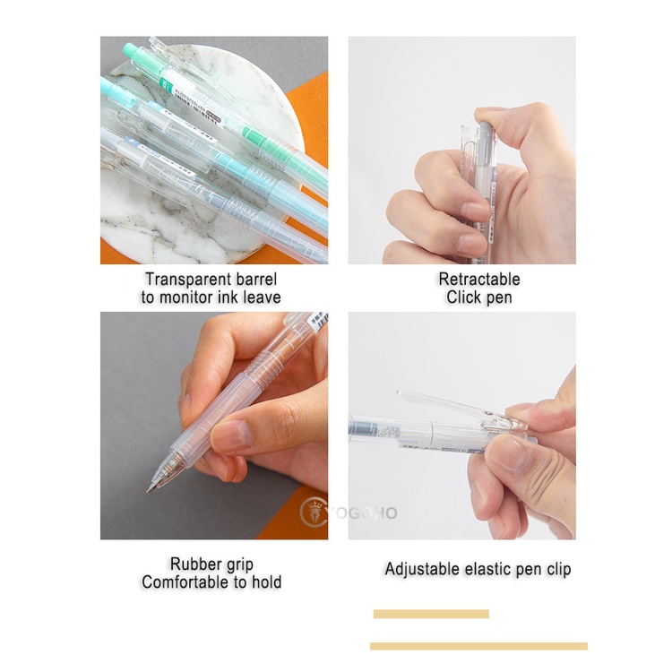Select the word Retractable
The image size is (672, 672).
pyautogui.click(x=478, y=279)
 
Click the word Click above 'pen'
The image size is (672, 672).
pyautogui.click(x=463, y=297)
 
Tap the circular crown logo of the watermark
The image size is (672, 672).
pyautogui.click(x=314, y=513)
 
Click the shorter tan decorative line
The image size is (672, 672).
pyautogui.click(x=431, y=614)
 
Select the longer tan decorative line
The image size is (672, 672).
pyautogui.click(x=478, y=646)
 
